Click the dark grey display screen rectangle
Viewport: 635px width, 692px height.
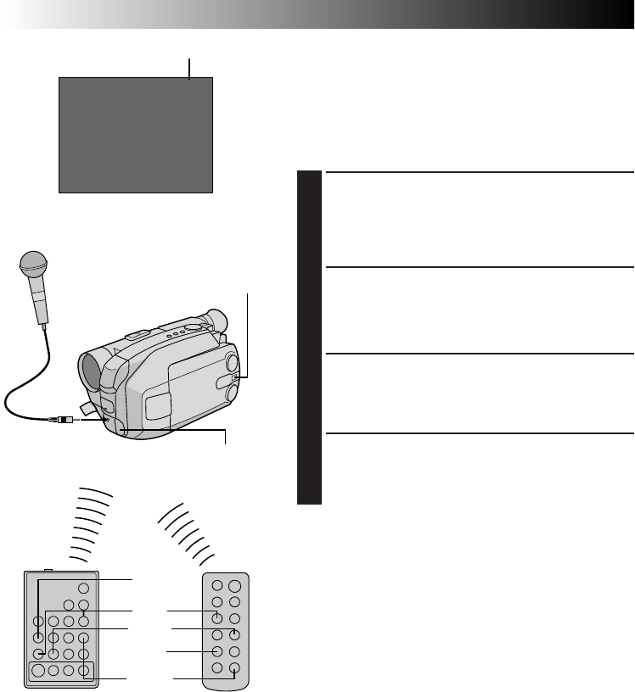tap(135, 135)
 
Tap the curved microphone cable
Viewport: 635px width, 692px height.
tap(25, 382)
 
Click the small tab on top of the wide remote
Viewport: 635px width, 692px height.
tap(48, 571)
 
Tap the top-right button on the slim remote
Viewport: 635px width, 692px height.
tap(234, 586)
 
